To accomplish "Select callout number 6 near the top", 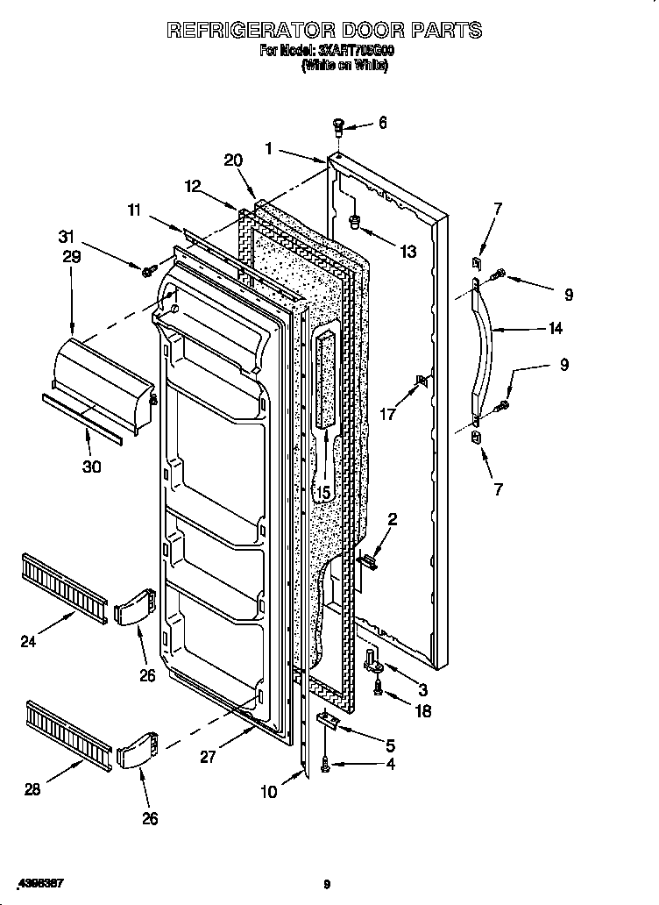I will pyautogui.click(x=382, y=123).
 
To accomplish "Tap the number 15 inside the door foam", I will pyautogui.click(x=322, y=493).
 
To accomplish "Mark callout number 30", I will pyautogui.click(x=91, y=467).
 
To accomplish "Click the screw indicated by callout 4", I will pyautogui.click(x=327, y=765).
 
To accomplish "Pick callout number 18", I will pyautogui.click(x=422, y=712).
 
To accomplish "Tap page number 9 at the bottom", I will pyautogui.click(x=326, y=884).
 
